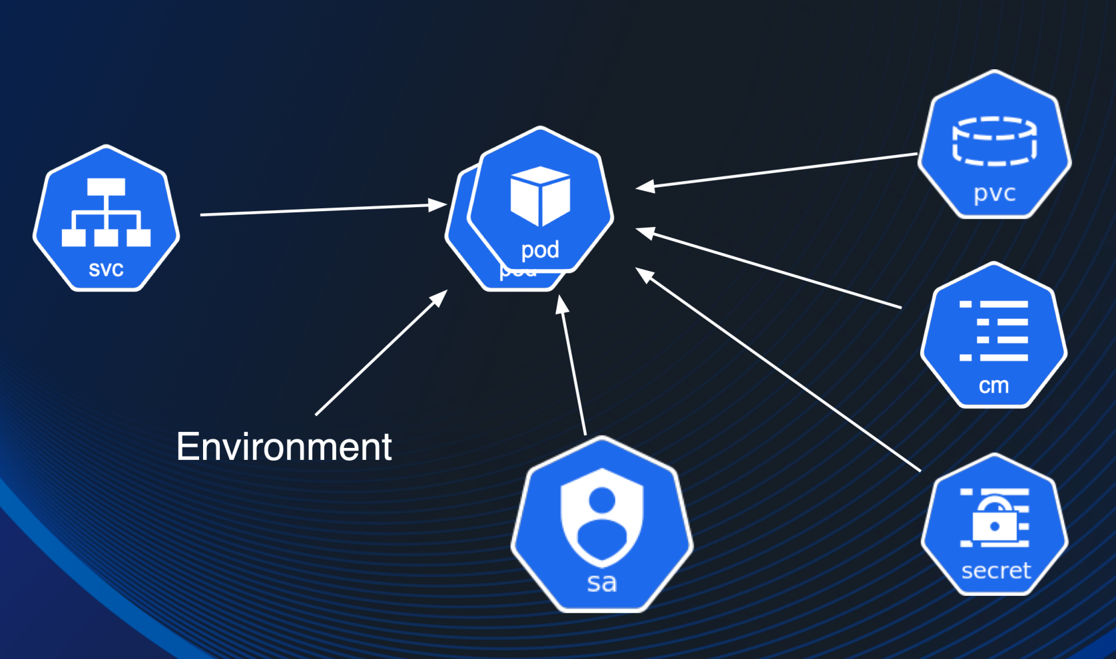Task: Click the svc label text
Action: point(106,269)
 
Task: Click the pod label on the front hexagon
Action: point(540,250)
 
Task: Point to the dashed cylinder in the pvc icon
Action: point(994,140)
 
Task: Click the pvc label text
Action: point(995,193)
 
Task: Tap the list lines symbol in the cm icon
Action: point(993,331)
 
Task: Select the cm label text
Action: point(993,385)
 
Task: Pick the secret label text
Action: point(996,570)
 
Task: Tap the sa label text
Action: point(602,582)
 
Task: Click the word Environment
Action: point(284,447)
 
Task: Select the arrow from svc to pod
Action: point(320,210)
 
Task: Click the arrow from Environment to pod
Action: point(380,354)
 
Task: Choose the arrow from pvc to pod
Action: point(779,170)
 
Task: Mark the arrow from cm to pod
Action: point(772,269)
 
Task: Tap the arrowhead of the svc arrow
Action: point(438,204)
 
